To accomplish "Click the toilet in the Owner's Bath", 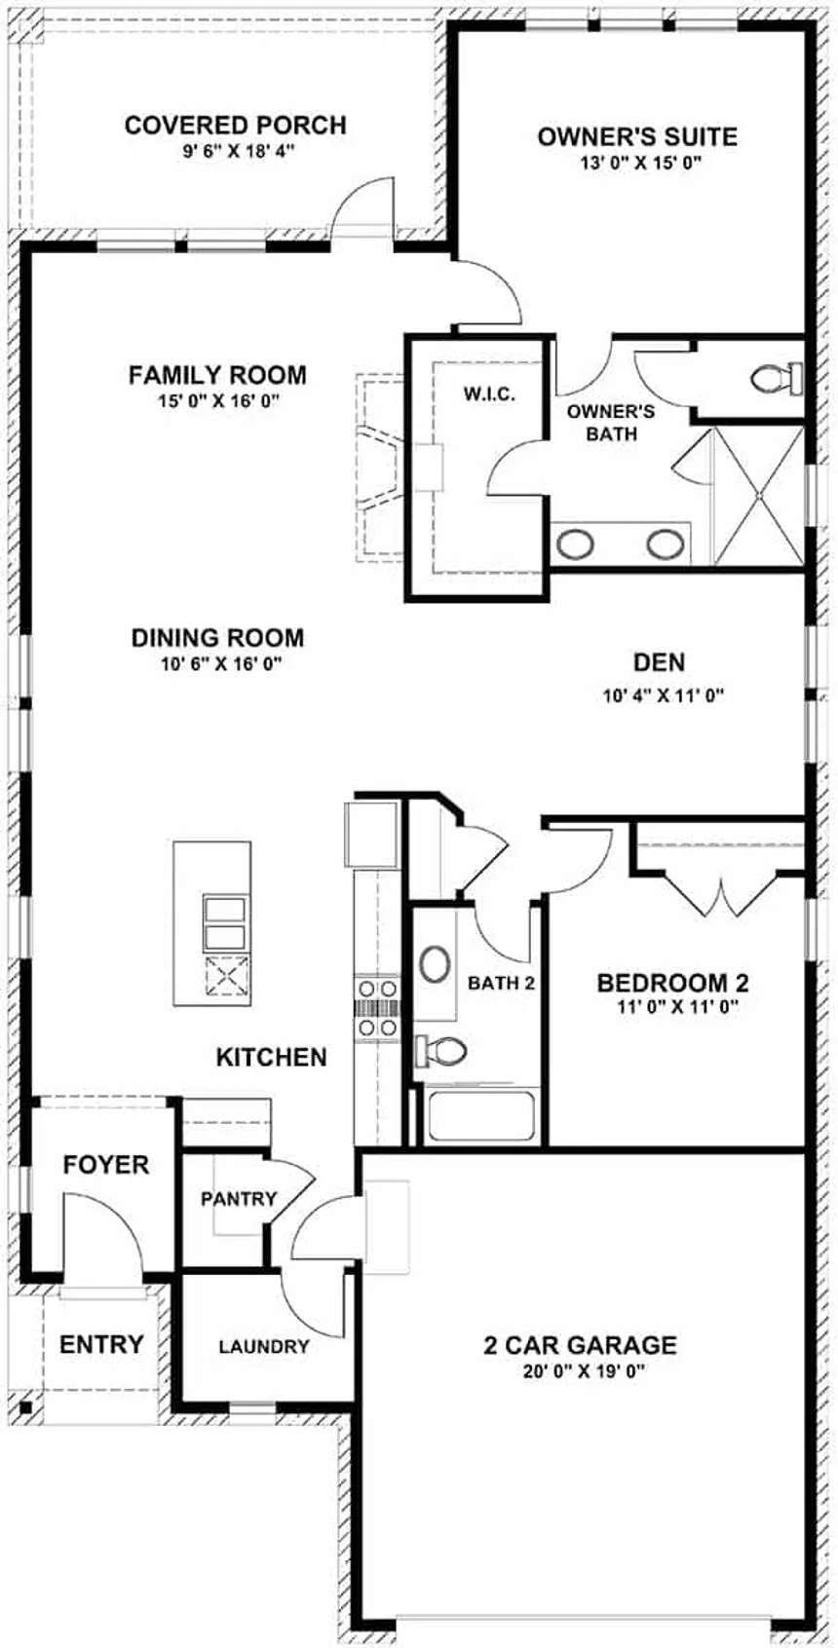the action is click(778, 378).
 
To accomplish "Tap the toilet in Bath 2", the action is click(441, 1050).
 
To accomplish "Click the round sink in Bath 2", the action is click(435, 964).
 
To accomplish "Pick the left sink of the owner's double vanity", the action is click(575, 544).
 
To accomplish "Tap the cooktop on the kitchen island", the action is click(227, 977).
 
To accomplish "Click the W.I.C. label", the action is click(489, 394).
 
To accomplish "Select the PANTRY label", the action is click(239, 1199).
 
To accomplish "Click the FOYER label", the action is click(106, 1165).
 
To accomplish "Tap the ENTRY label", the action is click(101, 1344).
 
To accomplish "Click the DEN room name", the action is click(660, 662).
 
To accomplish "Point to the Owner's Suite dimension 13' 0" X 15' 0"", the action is click(638, 164).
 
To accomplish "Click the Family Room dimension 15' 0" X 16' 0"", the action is click(217, 401).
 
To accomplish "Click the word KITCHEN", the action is click(272, 1057).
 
